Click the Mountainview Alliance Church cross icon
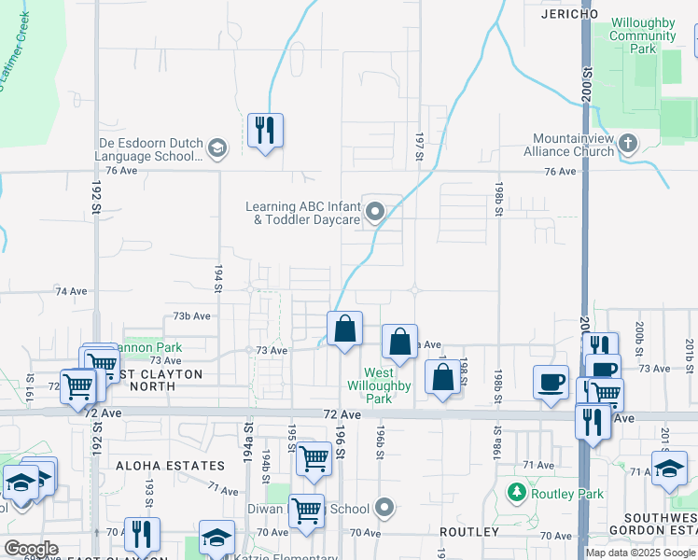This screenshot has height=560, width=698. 628,143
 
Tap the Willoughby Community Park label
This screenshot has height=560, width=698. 642,35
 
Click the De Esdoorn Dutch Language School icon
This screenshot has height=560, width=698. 216,147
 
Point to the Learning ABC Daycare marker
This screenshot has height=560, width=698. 376,212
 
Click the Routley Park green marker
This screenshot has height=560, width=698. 515,491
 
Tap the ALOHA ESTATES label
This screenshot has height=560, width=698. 170,465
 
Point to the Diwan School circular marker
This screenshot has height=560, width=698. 384,509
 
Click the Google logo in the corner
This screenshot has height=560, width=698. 31,549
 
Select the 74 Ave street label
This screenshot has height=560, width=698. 71,291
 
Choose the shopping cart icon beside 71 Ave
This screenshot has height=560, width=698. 314,457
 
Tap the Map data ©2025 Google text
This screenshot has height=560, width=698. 640,553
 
